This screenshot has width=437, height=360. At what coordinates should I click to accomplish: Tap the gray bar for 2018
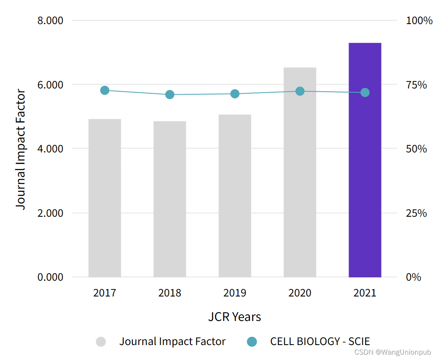[170, 199]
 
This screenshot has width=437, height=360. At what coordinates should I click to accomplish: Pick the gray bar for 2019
[235, 196]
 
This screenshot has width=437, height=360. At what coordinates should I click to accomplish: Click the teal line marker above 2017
[105, 91]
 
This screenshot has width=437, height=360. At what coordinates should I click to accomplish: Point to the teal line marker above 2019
[235, 94]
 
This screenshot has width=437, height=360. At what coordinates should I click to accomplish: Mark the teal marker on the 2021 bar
[365, 93]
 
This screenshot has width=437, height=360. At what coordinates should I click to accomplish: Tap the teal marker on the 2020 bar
[300, 91]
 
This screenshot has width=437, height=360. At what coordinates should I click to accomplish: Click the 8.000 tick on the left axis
[50, 21]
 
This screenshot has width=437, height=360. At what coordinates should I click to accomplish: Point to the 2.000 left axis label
[50, 213]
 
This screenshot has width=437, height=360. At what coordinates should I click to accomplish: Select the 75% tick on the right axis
[416, 85]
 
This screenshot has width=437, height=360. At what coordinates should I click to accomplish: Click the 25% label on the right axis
[416, 213]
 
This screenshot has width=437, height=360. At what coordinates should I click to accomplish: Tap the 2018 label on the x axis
[170, 293]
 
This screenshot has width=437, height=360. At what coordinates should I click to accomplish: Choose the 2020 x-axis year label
[300, 293]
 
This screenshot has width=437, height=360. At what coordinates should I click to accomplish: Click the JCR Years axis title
[234, 317]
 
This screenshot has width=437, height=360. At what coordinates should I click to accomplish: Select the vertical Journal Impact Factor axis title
[21, 149]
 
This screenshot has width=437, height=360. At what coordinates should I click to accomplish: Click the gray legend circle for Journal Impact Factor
[101, 342]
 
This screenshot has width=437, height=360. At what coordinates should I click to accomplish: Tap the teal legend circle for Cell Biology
[251, 342]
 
